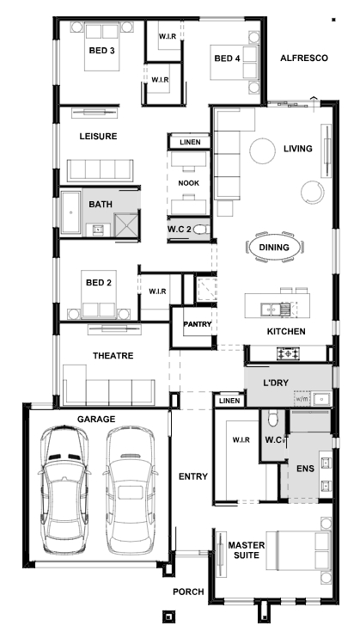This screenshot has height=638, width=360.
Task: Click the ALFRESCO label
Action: [x=304, y=58]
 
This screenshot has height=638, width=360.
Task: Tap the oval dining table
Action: [x=275, y=247]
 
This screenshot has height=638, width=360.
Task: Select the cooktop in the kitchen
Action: [x=288, y=353]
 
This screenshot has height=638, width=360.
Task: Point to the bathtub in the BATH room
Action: [x=70, y=212]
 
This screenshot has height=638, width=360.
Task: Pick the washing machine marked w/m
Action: [x=302, y=399]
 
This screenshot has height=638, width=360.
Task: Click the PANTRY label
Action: [x=198, y=324]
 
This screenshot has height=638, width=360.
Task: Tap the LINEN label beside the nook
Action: [x=190, y=143]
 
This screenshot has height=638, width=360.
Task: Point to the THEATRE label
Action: [x=113, y=356]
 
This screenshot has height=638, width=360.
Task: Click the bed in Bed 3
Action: [x=102, y=46]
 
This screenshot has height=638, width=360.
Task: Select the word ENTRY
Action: [x=193, y=476]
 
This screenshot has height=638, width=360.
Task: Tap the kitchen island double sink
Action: [x=275, y=310]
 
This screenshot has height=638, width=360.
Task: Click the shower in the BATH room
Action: [x=126, y=224]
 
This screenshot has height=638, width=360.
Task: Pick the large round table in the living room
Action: [x=263, y=151]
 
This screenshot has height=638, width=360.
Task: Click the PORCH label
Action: [x=188, y=592]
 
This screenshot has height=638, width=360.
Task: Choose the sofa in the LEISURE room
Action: [x=100, y=170]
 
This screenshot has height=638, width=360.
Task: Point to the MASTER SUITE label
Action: [x=246, y=549]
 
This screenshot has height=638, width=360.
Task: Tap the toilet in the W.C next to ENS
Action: [x=273, y=419]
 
